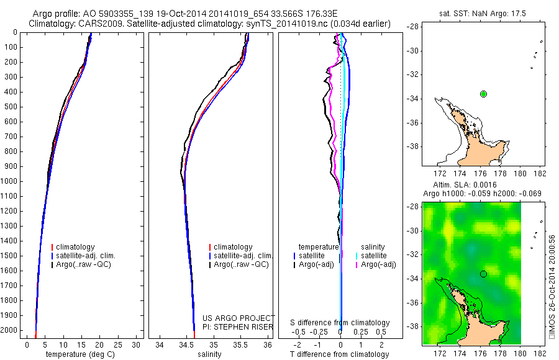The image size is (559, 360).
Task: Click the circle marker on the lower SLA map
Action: pyautogui.click(x=483, y=273)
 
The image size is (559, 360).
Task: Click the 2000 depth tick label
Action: pyautogui.click(x=9, y=330)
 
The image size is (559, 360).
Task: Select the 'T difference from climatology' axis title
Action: pyautogui.click(x=340, y=354)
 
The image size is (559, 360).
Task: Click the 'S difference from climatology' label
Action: pyautogui.click(x=340, y=323)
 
